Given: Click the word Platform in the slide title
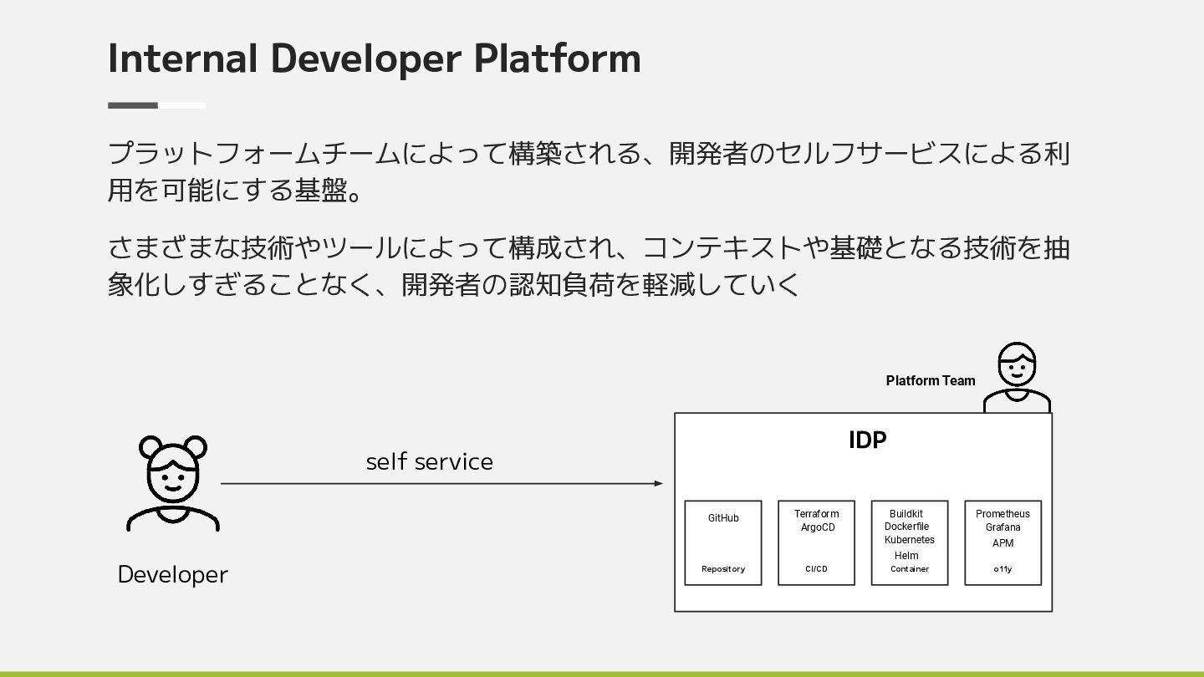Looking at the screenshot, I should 557,59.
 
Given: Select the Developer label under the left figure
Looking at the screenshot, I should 172,575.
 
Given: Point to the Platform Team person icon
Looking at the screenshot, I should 1017,377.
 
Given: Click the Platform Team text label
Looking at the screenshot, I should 930,381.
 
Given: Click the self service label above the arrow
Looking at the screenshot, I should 429,462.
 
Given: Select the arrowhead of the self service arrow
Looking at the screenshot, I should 659,483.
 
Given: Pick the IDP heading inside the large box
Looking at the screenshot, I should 867,440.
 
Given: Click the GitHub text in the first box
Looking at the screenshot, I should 723,518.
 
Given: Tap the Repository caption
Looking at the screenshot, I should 723,569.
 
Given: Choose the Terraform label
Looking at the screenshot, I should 816,514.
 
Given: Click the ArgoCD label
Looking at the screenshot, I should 818,527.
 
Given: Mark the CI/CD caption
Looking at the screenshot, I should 816,569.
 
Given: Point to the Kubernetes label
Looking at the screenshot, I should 910,540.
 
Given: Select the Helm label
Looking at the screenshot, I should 906,556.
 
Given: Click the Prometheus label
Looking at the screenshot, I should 1002,514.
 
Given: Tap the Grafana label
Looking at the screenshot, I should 1002,527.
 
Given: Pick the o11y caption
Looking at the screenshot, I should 1002,569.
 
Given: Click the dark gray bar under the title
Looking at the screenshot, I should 133,105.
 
